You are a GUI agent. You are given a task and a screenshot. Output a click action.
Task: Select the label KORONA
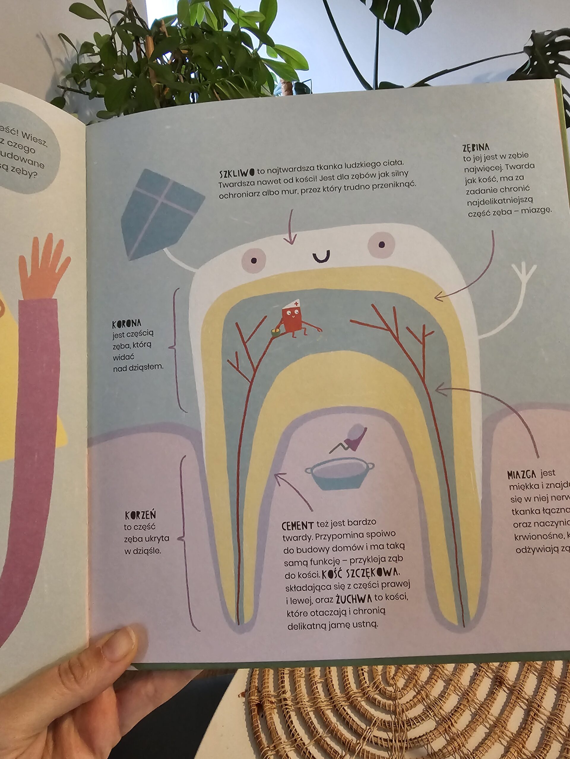click(x=126, y=323)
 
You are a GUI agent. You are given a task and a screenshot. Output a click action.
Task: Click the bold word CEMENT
click(x=297, y=525)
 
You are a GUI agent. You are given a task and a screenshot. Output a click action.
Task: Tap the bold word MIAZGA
click(x=522, y=475)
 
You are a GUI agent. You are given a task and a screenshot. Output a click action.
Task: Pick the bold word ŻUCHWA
click(x=354, y=599)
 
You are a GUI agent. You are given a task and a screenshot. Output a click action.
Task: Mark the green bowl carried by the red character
click(x=275, y=331)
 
